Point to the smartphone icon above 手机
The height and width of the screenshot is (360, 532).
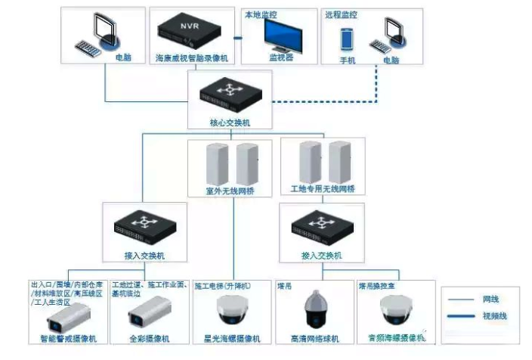click(x=347, y=39)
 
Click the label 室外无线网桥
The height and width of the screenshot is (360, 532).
click(x=231, y=190)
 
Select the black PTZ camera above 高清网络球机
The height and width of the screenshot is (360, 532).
click(x=315, y=310)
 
